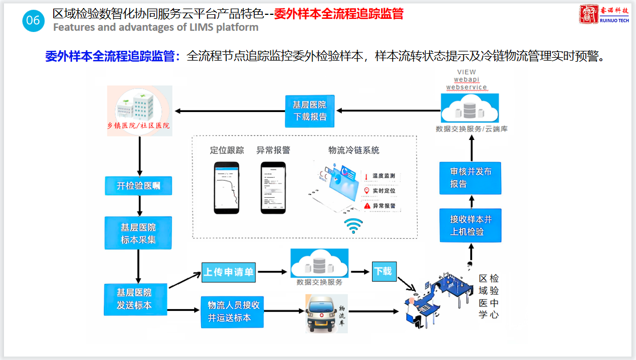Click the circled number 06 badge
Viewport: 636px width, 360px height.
[x=33, y=21]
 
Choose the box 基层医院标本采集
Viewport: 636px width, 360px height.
[x=138, y=232]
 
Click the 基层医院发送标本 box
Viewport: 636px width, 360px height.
[x=135, y=299]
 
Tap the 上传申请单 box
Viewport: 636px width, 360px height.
[x=228, y=273]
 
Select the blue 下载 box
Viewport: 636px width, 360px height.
[x=383, y=271]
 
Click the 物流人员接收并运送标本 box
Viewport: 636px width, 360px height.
[x=233, y=311]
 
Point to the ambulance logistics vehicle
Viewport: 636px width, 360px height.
[x=327, y=313]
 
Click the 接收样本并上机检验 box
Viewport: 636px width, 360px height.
[x=471, y=225]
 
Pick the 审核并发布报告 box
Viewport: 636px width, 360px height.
[x=471, y=178]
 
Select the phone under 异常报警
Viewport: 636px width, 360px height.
[x=273, y=187]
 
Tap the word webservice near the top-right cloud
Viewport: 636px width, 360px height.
[x=466, y=87]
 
